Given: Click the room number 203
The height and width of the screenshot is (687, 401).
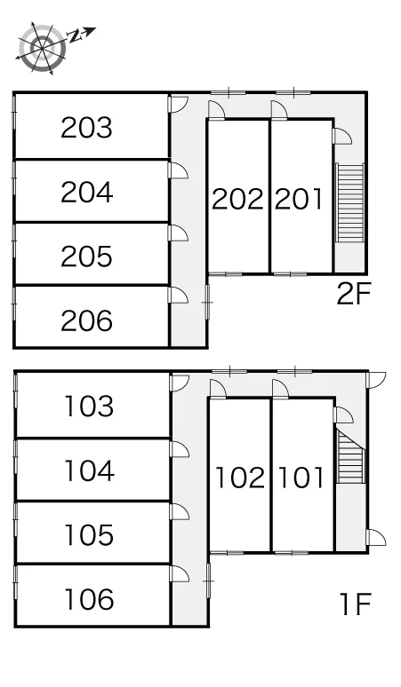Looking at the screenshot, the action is tap(86, 128).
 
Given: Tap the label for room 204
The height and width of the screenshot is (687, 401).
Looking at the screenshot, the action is tap(86, 193).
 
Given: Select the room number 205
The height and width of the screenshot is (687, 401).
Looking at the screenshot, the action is tap(86, 257).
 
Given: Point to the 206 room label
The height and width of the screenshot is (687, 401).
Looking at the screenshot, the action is tap(86, 320).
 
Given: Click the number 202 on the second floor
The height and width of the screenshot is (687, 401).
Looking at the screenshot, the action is tap(237, 199).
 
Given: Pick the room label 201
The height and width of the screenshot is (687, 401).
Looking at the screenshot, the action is tap(299, 199).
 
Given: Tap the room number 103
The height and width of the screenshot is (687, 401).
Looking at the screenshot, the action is tap(89, 407).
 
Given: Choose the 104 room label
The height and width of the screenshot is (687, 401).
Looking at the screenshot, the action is tap(89, 470).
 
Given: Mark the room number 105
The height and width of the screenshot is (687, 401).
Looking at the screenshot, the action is tap(89, 535).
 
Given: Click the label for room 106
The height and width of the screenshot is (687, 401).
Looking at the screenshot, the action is tap(89, 599).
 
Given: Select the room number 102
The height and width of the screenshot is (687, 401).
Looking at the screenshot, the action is tap(240, 478).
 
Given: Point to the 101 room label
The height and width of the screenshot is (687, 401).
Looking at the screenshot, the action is tap(301, 478).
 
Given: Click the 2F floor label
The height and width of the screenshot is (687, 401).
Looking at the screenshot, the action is tap(354, 294).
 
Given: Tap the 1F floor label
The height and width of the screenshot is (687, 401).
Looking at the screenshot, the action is tap(355, 604).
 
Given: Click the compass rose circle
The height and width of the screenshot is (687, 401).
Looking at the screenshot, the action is tap(42, 48).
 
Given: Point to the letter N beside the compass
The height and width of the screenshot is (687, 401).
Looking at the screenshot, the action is tap(76, 36).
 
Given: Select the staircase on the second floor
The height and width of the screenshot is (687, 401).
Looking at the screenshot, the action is tap(350, 202).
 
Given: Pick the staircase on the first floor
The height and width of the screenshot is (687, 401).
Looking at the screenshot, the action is tap(350, 456).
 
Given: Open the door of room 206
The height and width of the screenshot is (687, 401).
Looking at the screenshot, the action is tap(178, 295).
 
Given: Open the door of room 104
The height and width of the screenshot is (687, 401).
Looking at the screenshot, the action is tap(179, 449).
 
